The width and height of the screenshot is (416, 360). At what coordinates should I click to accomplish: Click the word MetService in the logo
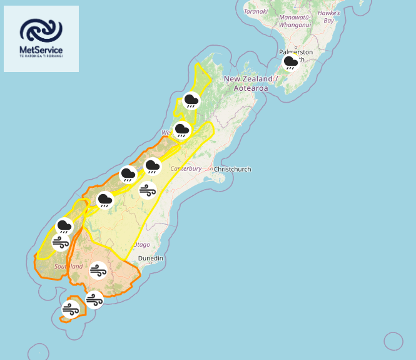41,49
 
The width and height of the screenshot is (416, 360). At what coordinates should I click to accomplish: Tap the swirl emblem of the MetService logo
41,29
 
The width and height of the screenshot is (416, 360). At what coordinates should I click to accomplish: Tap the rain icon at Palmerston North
291,62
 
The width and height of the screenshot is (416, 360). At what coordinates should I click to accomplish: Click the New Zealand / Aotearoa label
249,83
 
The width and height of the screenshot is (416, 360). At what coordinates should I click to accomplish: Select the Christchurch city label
232,170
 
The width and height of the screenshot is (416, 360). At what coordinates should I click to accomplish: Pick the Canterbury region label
186,168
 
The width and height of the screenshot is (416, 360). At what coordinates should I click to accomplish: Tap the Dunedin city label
150,258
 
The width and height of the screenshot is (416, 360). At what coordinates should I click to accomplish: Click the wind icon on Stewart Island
70,309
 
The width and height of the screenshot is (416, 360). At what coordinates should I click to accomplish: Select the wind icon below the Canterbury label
148,190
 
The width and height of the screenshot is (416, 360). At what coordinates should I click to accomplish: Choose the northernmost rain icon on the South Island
191,100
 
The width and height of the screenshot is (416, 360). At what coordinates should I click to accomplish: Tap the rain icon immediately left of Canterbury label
152,167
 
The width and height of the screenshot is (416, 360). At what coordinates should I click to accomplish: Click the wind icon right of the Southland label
98,271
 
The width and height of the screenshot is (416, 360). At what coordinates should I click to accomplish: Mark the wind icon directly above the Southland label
61,243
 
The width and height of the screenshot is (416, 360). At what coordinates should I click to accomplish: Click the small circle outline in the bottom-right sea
393,341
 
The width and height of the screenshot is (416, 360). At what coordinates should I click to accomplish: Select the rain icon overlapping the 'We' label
181,130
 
